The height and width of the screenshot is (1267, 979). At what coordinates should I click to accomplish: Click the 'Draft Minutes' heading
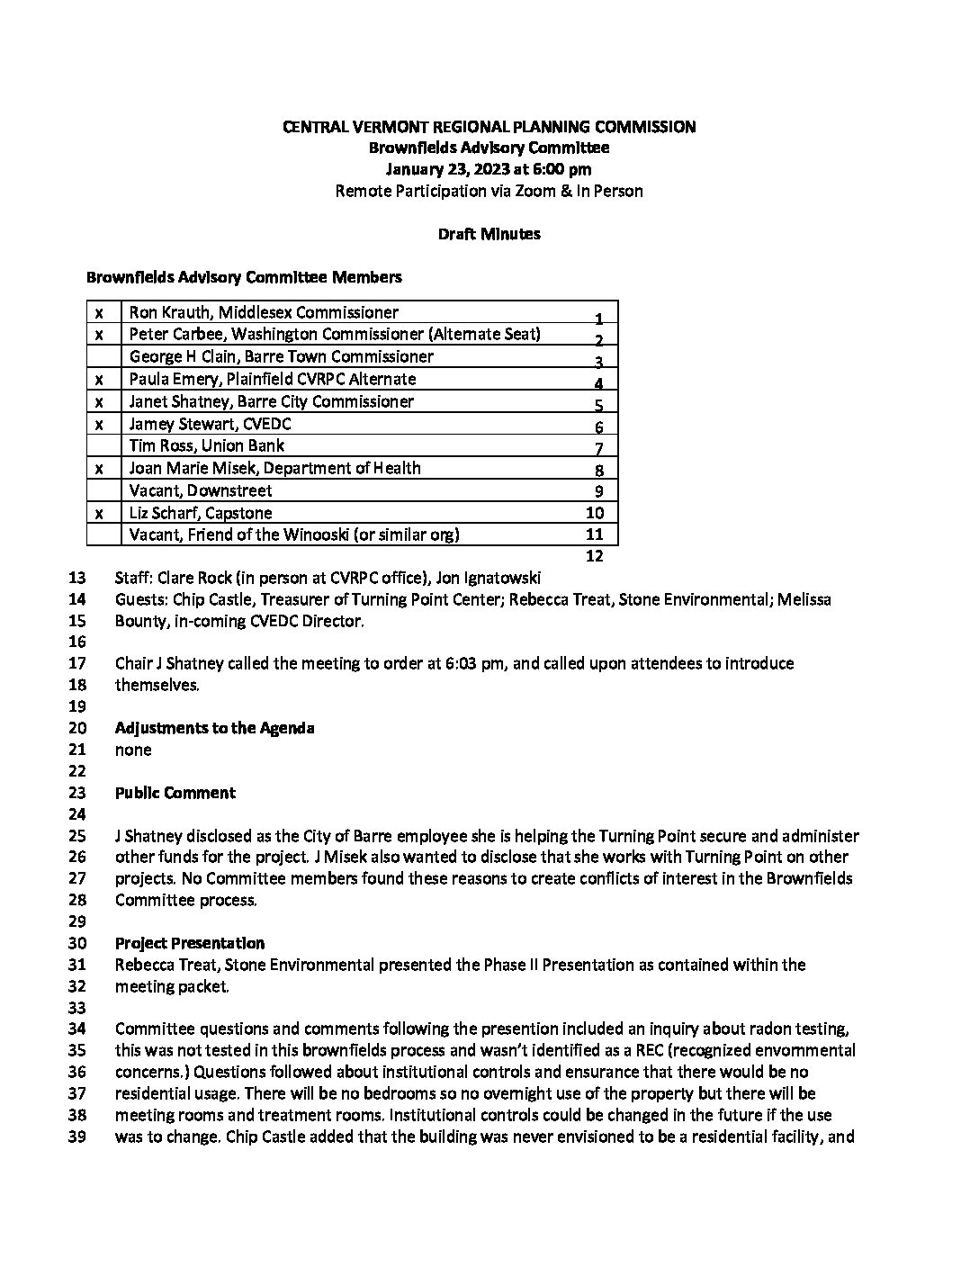point(489,234)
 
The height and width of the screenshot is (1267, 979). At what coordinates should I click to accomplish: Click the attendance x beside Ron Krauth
point(99,312)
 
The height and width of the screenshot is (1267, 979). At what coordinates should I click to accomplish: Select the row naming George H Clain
point(281,356)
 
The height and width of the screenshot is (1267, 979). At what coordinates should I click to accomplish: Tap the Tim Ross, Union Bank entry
point(206,445)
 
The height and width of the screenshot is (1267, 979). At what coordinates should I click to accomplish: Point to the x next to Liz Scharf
point(99,513)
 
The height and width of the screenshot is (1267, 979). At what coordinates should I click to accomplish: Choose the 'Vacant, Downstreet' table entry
point(200,490)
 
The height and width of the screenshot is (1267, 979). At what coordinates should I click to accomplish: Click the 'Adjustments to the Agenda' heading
point(214,728)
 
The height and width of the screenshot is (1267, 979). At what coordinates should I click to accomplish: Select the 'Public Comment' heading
point(175,793)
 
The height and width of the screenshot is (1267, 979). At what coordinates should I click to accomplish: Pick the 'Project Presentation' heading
point(189,943)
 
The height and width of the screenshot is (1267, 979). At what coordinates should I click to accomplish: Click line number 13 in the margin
point(76,578)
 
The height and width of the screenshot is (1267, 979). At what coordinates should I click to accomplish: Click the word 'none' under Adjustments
point(133,750)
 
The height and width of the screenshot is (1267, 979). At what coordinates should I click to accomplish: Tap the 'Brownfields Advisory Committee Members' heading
point(244,277)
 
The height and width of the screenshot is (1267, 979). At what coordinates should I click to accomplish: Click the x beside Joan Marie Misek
point(99,468)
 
